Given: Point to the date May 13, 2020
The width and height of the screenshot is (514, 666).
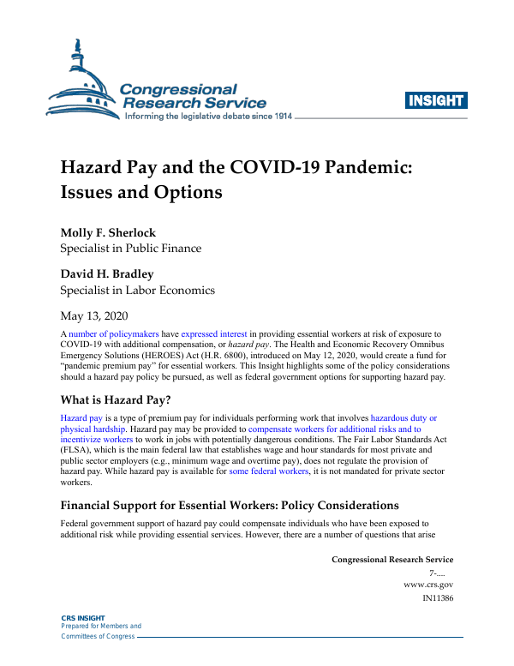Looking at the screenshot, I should (x=98, y=314).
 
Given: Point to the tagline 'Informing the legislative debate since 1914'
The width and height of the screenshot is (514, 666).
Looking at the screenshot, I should (x=209, y=116).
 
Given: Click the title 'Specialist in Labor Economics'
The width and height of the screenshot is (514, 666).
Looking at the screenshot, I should (x=137, y=289).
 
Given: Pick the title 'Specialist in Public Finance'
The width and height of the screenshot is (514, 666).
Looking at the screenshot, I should (x=130, y=249).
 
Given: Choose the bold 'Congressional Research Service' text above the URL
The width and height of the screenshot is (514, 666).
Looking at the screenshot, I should (x=392, y=559).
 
